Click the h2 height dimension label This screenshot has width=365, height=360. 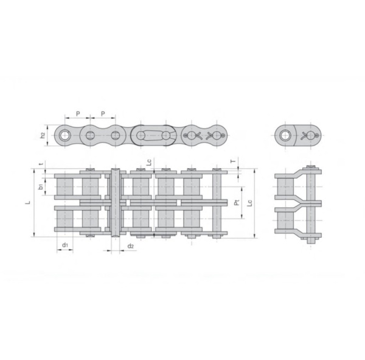point(43,135)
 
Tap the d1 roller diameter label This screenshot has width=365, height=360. point(64,245)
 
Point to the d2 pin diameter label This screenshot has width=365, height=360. point(131,245)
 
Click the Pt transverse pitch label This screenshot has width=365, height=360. point(237,201)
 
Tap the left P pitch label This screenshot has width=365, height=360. point(77,113)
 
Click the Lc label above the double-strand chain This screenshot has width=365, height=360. point(149,162)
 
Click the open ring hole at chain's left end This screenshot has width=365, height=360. point(64,135)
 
